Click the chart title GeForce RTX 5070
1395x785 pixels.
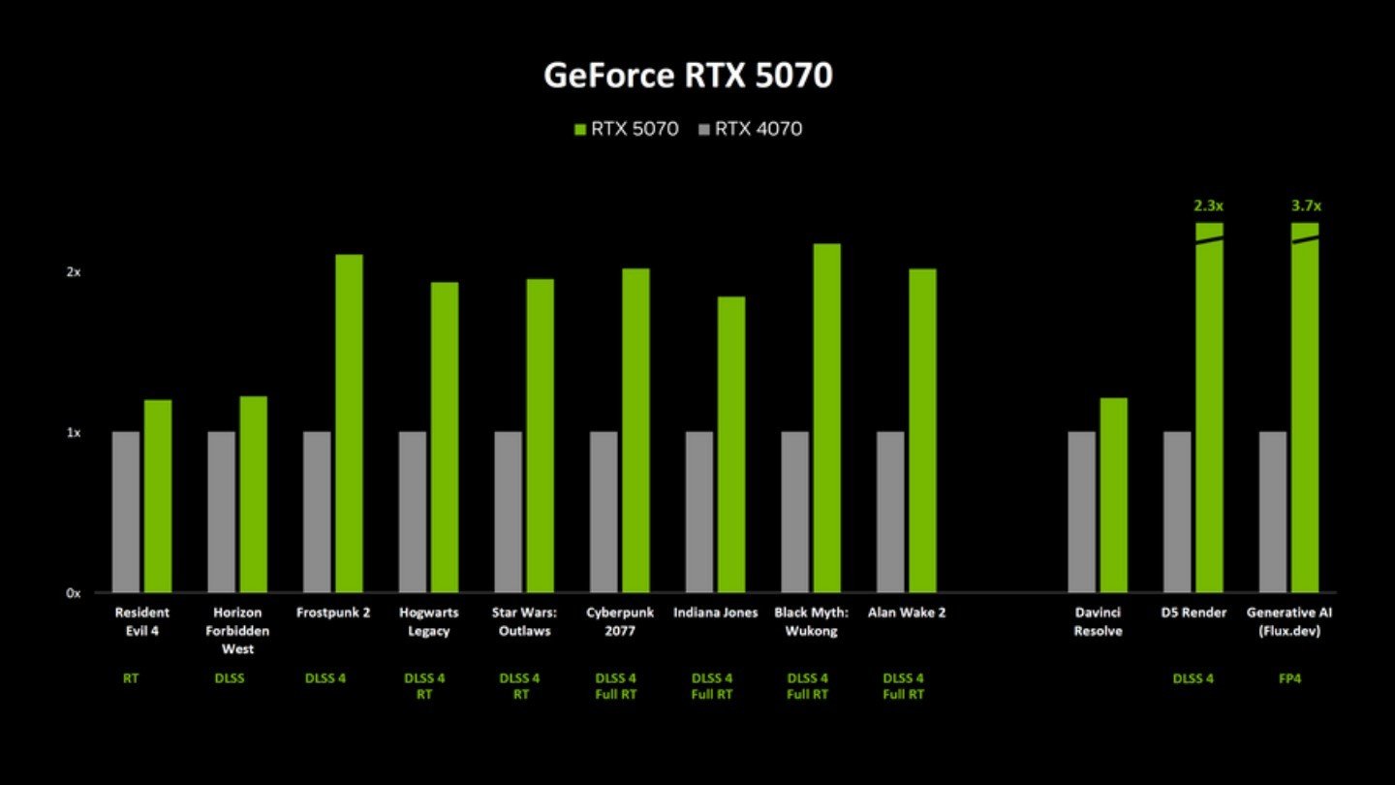(688, 75)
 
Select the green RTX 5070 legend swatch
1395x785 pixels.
(580, 129)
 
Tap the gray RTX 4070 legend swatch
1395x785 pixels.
(704, 129)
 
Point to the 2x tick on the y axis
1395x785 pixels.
(74, 272)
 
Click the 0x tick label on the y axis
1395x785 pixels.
(74, 593)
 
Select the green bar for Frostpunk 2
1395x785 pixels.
(349, 423)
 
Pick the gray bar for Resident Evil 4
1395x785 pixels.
(126, 512)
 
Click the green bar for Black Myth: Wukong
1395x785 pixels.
(826, 418)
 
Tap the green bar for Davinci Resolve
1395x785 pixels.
(1113, 494)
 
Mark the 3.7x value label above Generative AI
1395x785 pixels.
(1306, 205)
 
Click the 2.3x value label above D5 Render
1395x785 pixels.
(1209, 205)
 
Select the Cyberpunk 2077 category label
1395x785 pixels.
(621, 621)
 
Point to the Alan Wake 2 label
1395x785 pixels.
(907, 612)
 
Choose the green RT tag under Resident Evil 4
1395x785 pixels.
(131, 678)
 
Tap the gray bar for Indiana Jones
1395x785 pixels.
(699, 512)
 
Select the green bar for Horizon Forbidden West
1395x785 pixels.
(253, 494)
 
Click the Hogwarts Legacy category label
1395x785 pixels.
(429, 621)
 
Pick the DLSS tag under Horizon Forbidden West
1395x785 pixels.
(230, 678)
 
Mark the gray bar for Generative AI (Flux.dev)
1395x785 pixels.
(1273, 512)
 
